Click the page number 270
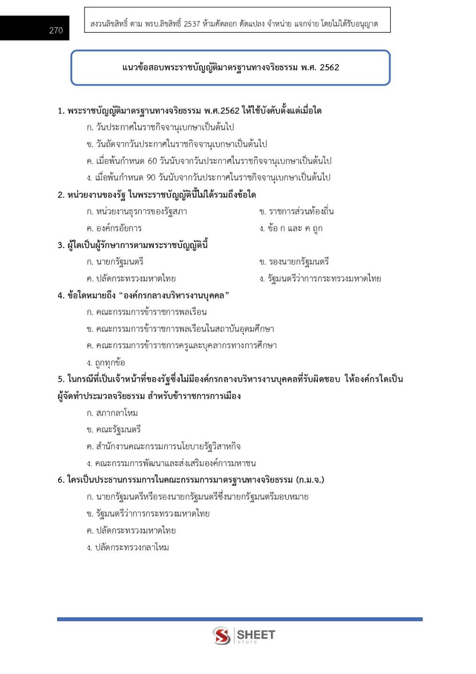[x=56, y=31]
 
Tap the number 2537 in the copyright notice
[x=192, y=24]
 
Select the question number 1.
[x=61, y=111]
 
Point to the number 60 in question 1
[x=152, y=161]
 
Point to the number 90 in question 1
[x=151, y=178]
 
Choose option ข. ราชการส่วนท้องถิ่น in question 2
[x=297, y=211]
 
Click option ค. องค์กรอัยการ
[x=114, y=228]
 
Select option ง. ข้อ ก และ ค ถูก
[x=291, y=228]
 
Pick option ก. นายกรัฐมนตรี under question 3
[x=115, y=262]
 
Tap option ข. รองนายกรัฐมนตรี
[x=294, y=262]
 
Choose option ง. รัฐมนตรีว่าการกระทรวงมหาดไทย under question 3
[x=320, y=279]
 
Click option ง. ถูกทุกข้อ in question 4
[x=106, y=363]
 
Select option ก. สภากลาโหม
[x=112, y=413]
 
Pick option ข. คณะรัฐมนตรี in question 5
[x=114, y=430]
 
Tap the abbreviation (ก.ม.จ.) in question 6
[x=310, y=480]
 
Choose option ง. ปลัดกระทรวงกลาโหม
[x=128, y=548]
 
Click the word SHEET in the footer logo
[x=256, y=635]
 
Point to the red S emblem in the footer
[x=221, y=636]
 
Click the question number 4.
[x=61, y=296]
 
